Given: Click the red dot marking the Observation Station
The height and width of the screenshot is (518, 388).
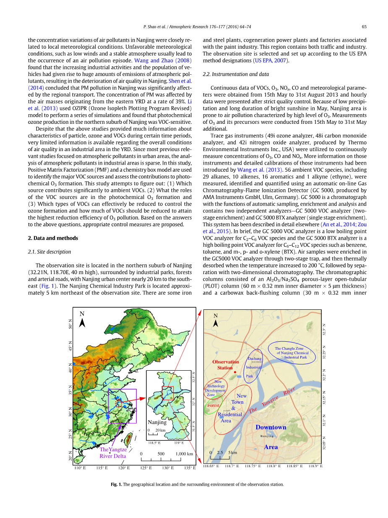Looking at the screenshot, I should coord(235,372).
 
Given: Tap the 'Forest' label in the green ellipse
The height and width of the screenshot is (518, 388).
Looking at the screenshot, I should coord(213,406).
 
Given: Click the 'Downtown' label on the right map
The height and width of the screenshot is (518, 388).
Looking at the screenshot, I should coord(271,427).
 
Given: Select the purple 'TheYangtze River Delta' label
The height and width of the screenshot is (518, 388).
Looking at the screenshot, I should coord(113,453).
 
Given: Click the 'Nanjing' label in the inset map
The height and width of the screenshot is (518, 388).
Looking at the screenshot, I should coord(157,422).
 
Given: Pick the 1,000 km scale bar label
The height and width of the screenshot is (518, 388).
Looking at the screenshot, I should coord(184,454).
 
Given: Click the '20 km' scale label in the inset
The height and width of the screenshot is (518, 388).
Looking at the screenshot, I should coord(160,430).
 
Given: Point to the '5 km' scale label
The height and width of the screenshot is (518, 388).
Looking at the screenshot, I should coord(233,453).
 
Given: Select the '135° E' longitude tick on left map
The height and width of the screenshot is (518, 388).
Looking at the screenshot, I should coord(190,468).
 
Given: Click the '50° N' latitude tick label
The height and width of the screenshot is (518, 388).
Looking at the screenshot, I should coord(70,324).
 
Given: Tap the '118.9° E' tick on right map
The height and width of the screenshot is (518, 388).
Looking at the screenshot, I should coord(315,466).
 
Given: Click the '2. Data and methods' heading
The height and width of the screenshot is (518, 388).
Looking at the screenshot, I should coord(53,238).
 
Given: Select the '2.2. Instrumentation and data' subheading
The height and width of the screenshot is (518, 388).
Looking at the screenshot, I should coord(236,74).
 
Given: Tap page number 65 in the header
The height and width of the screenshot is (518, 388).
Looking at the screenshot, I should coord(364,27).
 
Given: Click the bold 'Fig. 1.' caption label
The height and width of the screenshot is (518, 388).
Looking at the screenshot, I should coord(116,484).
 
